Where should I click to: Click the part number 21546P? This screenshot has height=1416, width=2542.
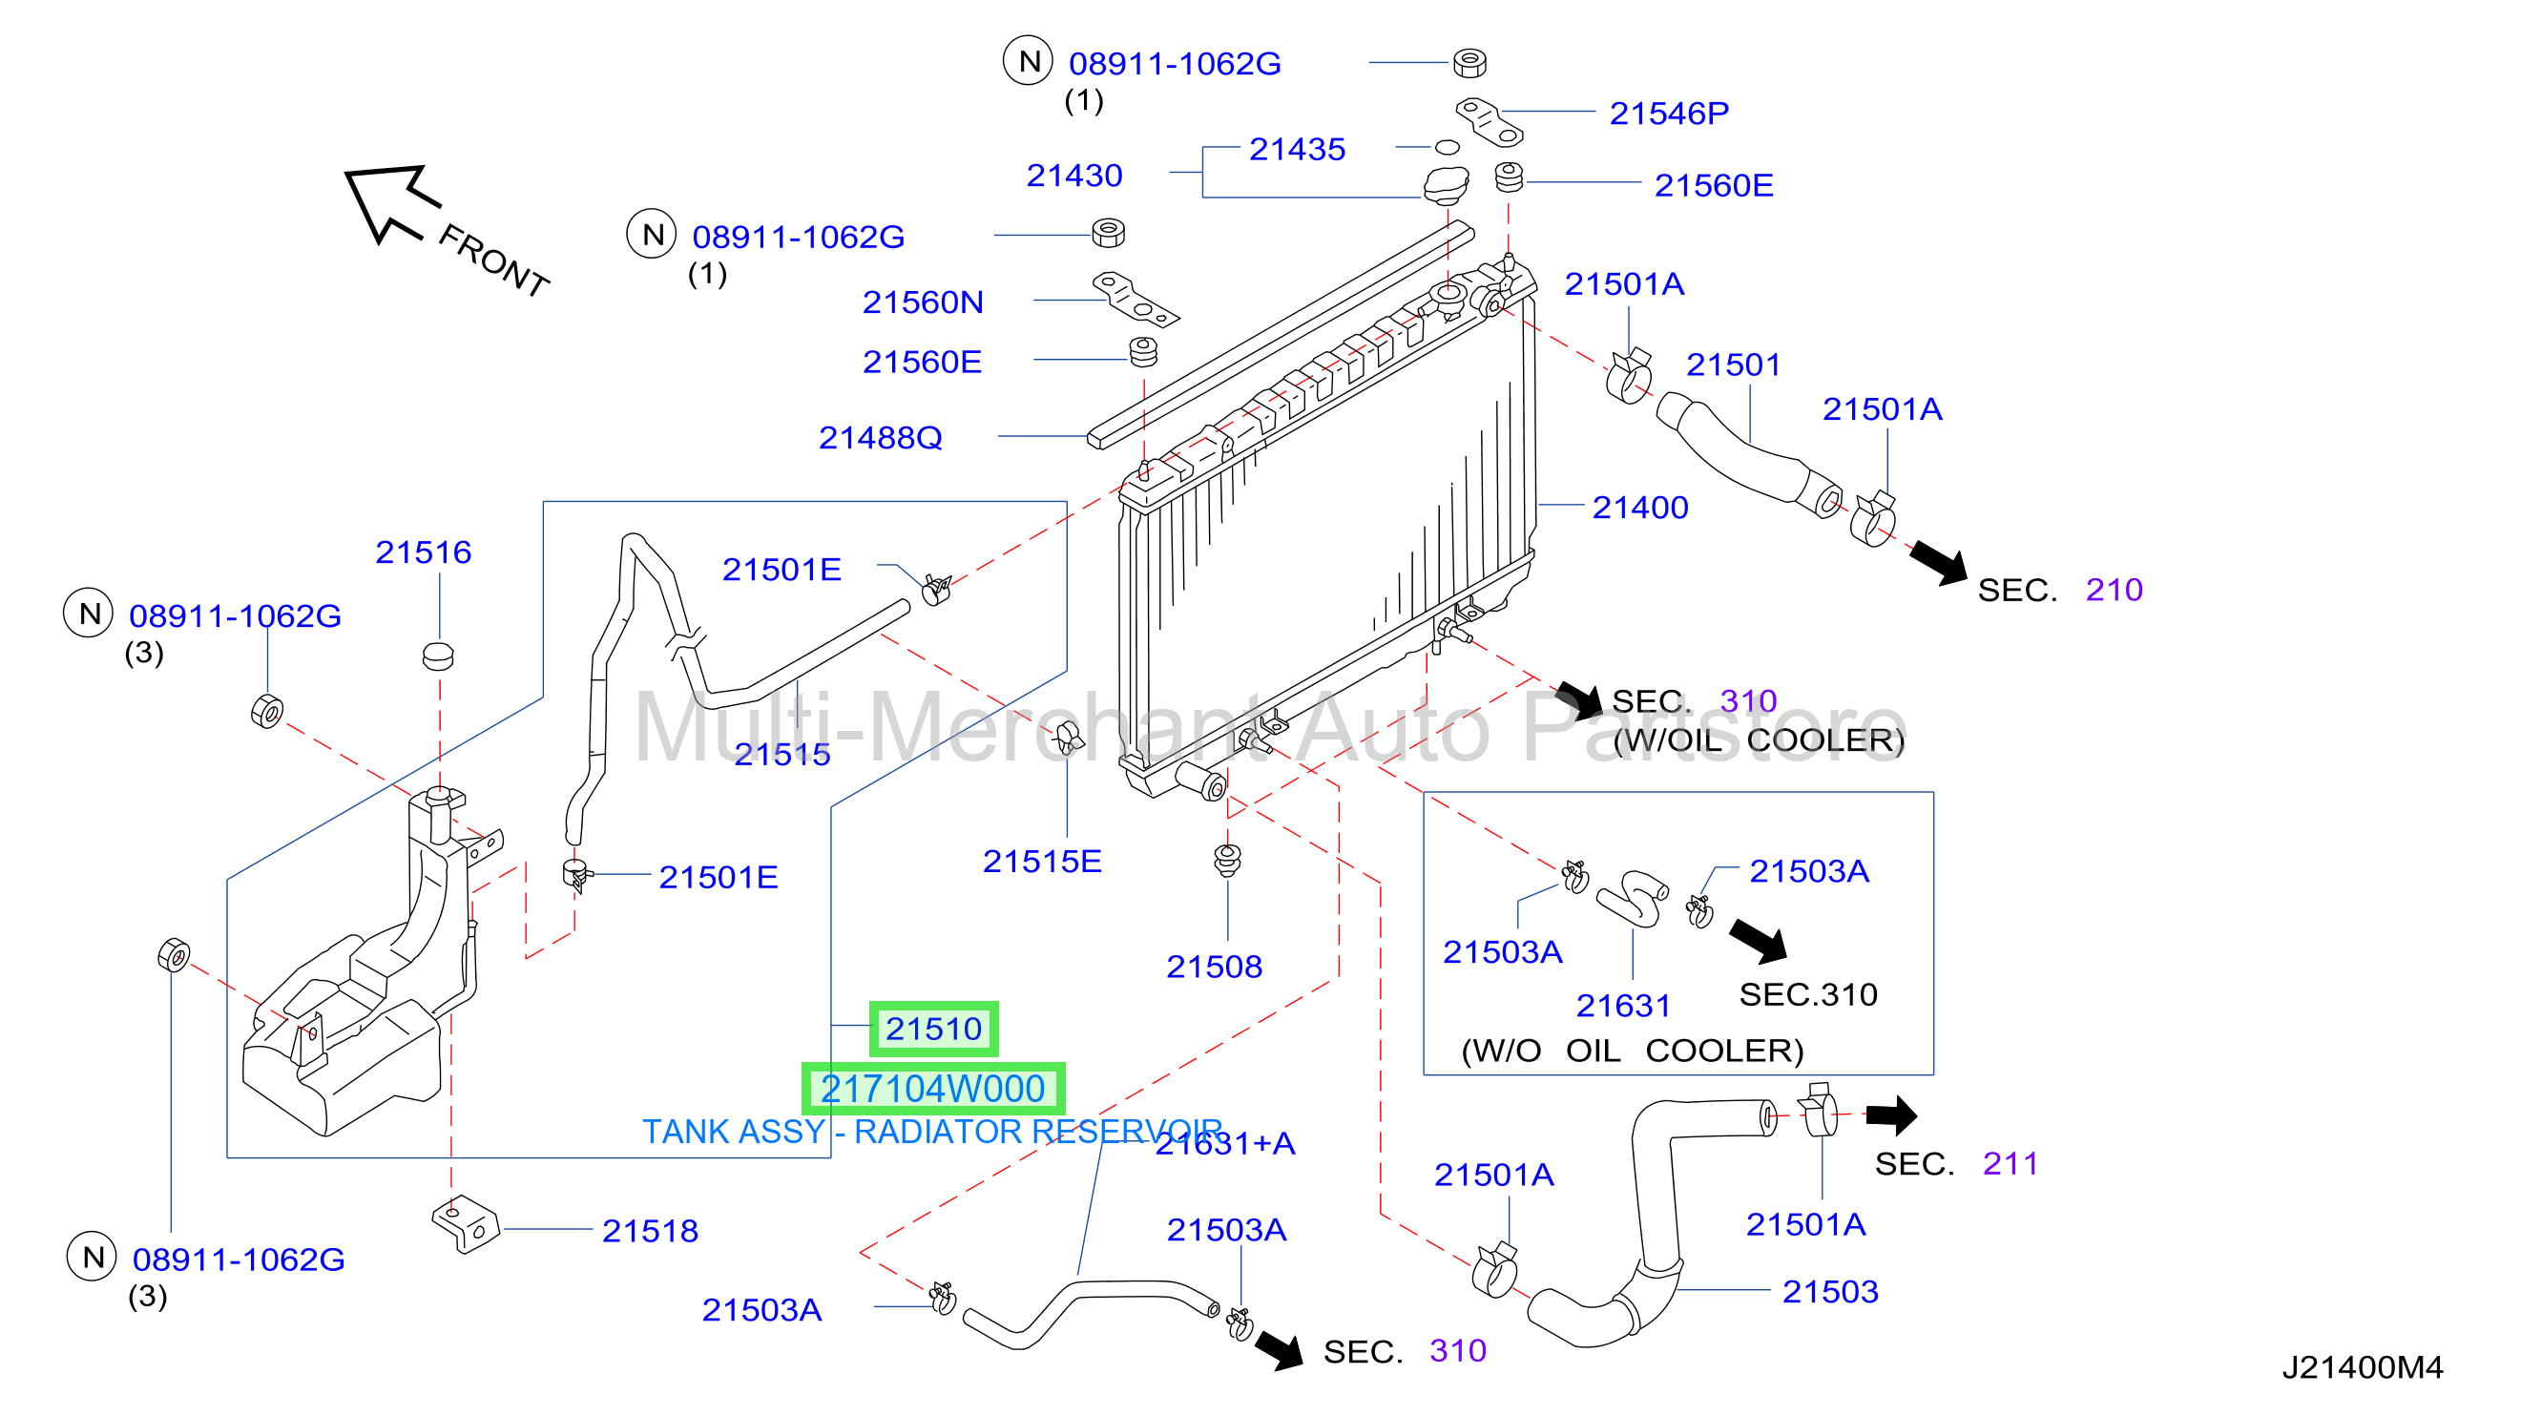click(1669, 114)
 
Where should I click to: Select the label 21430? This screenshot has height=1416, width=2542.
click(1073, 176)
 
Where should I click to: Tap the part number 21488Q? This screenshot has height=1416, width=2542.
click(880, 437)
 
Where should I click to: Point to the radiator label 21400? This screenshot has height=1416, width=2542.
click(1640, 508)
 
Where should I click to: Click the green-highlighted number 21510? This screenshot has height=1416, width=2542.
click(933, 1029)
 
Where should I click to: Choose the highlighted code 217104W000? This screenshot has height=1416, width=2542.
click(932, 1089)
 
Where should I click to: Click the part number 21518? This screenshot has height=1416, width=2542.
click(651, 1231)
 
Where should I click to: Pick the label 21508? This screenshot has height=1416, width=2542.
click(1214, 966)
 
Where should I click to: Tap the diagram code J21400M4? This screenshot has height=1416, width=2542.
click(2363, 1366)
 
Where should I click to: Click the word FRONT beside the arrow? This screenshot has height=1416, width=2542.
click(493, 260)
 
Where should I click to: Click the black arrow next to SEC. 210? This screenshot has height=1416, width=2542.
click(1939, 562)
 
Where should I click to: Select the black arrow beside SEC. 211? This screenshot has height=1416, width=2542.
click(1891, 1115)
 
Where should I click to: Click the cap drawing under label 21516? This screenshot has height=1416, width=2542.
click(438, 656)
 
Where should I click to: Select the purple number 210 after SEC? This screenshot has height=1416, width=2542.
click(2114, 590)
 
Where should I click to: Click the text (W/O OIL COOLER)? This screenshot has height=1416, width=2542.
click(1633, 1050)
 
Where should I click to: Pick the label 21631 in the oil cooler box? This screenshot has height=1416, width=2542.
click(1622, 1006)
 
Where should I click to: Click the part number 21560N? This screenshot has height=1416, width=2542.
click(923, 302)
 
